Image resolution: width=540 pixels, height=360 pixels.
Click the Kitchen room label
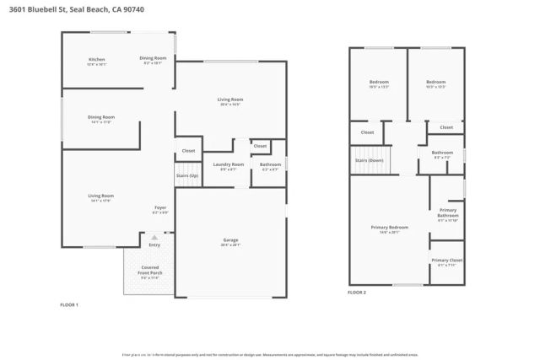pos(97,59)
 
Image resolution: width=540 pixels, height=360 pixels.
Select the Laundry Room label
pos(228,164)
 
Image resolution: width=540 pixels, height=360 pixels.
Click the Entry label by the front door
pos(154,245)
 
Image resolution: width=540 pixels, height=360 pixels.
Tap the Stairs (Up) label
pos(187,175)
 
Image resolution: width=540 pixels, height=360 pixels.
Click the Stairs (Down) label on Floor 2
pos(369,159)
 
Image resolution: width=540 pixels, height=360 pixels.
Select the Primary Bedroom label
pos(389,227)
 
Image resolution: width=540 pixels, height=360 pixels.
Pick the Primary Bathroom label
pos(447,213)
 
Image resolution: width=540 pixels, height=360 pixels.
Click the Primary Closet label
pos(447,261)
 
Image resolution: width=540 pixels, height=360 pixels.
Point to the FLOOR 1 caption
pos(69,304)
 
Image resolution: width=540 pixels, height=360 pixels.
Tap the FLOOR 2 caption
pos(357,293)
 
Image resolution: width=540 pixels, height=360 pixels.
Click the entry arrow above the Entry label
pos(154,238)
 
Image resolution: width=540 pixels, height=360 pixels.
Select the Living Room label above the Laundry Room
pos(230,100)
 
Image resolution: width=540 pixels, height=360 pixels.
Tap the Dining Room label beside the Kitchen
pos(153,58)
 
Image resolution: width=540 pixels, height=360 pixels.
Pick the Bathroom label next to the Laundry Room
pos(270,164)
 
